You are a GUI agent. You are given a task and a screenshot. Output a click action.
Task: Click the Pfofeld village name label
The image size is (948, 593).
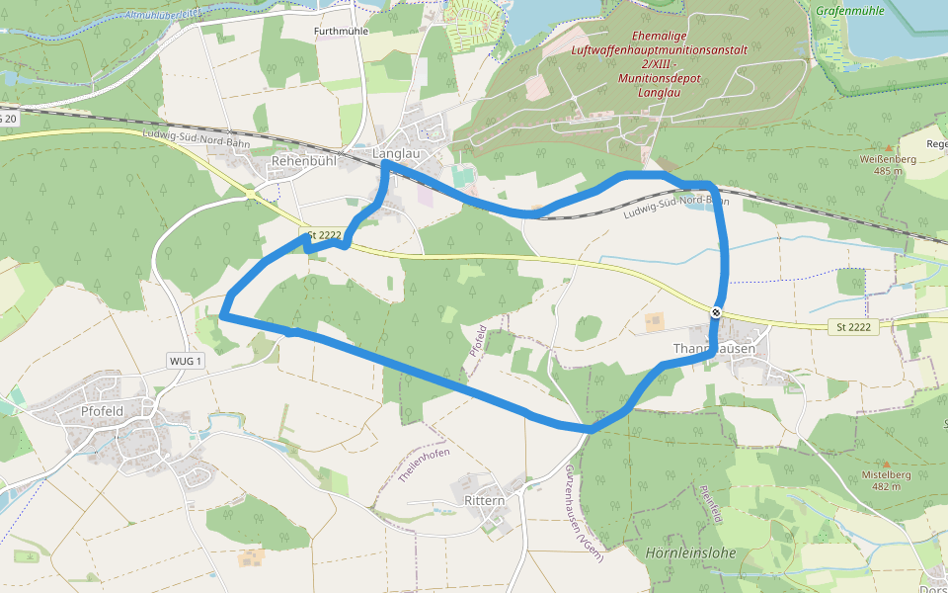click(102, 411)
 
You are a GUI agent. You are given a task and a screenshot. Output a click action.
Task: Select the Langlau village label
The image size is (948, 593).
click(397, 154)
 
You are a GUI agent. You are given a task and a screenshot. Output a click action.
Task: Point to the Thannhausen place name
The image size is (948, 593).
click(714, 349)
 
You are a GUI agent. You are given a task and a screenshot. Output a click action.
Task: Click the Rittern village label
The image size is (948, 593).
click(484, 500)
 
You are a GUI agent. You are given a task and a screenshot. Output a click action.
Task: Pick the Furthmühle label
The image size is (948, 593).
click(342, 32)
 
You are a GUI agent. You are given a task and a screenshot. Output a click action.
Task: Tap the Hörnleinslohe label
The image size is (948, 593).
click(690, 552)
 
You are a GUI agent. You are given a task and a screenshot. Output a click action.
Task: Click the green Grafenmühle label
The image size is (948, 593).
click(850, 11)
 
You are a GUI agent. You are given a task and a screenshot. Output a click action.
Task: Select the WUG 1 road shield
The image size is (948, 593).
click(186, 361)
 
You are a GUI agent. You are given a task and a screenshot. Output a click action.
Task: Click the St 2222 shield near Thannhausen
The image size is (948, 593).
click(852, 327)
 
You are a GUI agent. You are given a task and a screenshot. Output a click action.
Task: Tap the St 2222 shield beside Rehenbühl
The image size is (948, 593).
click(325, 235)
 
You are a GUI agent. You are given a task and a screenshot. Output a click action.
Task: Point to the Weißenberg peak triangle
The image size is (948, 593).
click(887, 147)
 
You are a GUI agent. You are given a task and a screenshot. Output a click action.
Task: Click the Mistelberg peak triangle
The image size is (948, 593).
click(885, 463)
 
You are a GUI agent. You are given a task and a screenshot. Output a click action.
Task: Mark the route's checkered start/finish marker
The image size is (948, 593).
click(716, 312)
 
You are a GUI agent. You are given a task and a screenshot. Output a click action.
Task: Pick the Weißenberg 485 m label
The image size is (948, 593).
click(882, 164)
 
